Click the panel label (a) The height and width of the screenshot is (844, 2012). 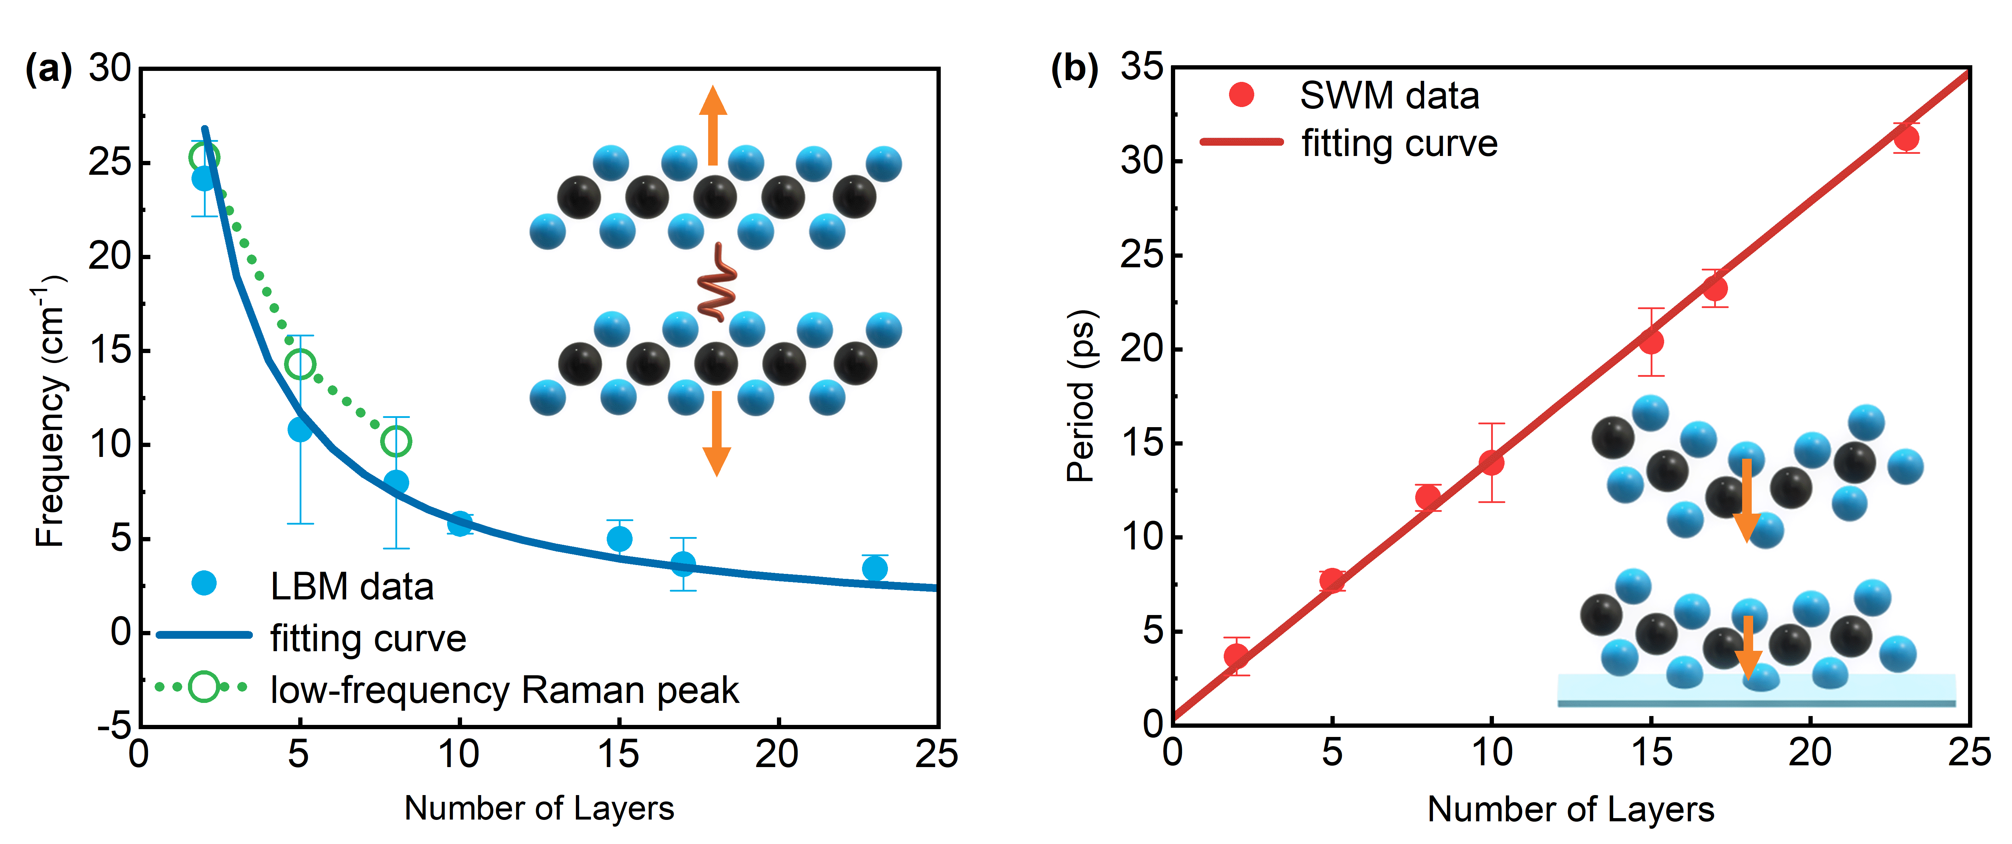click(49, 69)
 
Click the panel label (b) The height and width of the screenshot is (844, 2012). click(1074, 69)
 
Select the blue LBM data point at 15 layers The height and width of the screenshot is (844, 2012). click(619, 539)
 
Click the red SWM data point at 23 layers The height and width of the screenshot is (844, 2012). click(1907, 139)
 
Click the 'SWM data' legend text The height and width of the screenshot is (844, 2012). click(1389, 96)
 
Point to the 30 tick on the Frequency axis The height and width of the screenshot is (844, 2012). click(109, 69)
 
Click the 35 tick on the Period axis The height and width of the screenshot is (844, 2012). click(1142, 67)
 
